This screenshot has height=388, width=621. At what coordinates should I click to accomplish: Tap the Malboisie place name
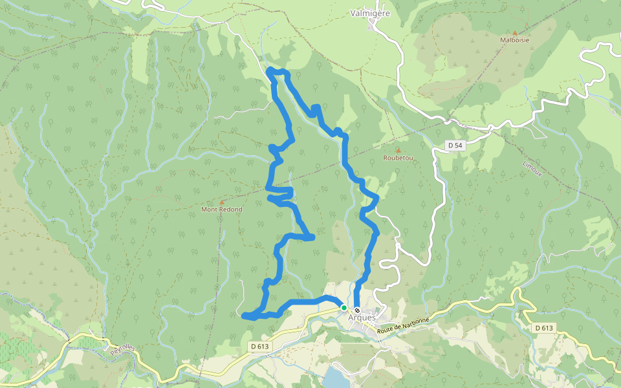click(x=515, y=39)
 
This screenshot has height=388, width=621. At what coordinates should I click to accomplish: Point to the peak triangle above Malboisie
click(x=515, y=32)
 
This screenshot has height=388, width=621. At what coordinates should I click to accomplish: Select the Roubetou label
click(x=398, y=158)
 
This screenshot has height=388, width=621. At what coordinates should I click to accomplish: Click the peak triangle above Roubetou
click(x=398, y=150)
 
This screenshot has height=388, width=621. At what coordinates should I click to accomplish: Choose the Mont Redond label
click(x=221, y=210)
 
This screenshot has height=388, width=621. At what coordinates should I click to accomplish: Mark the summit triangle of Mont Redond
click(x=222, y=202)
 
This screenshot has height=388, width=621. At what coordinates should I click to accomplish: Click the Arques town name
click(x=362, y=318)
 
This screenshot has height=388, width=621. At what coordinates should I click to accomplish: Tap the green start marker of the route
click(x=344, y=308)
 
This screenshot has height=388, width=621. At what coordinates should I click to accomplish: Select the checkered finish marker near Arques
click(x=357, y=310)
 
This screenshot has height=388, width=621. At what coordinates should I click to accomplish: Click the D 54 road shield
click(x=455, y=145)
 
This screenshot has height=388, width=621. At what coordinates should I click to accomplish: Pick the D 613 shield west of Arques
click(x=259, y=346)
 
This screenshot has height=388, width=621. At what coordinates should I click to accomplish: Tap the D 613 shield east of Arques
click(x=545, y=328)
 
